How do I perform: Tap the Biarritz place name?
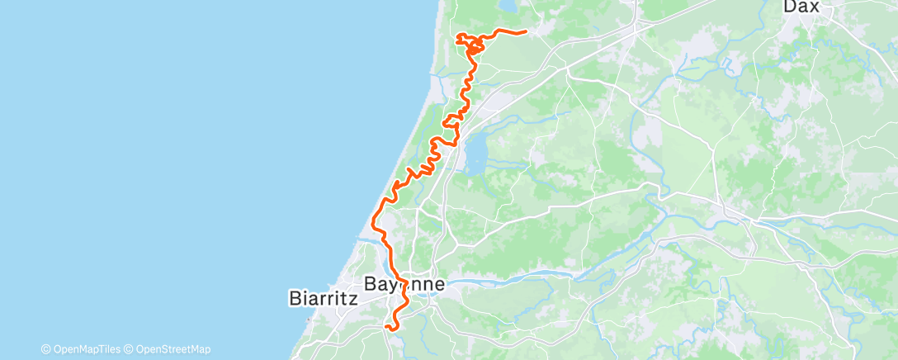tap(324, 298)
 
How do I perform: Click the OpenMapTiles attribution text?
tap(87, 349)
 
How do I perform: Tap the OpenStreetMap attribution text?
tap(171, 349)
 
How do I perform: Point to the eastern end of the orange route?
tap(526, 33)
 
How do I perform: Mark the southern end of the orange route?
tap(385, 328)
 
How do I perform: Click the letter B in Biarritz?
tap(295, 298)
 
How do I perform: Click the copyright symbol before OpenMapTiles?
tap(45, 349)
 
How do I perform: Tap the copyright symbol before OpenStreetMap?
tap(129, 349)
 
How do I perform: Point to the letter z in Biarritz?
tap(352, 298)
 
